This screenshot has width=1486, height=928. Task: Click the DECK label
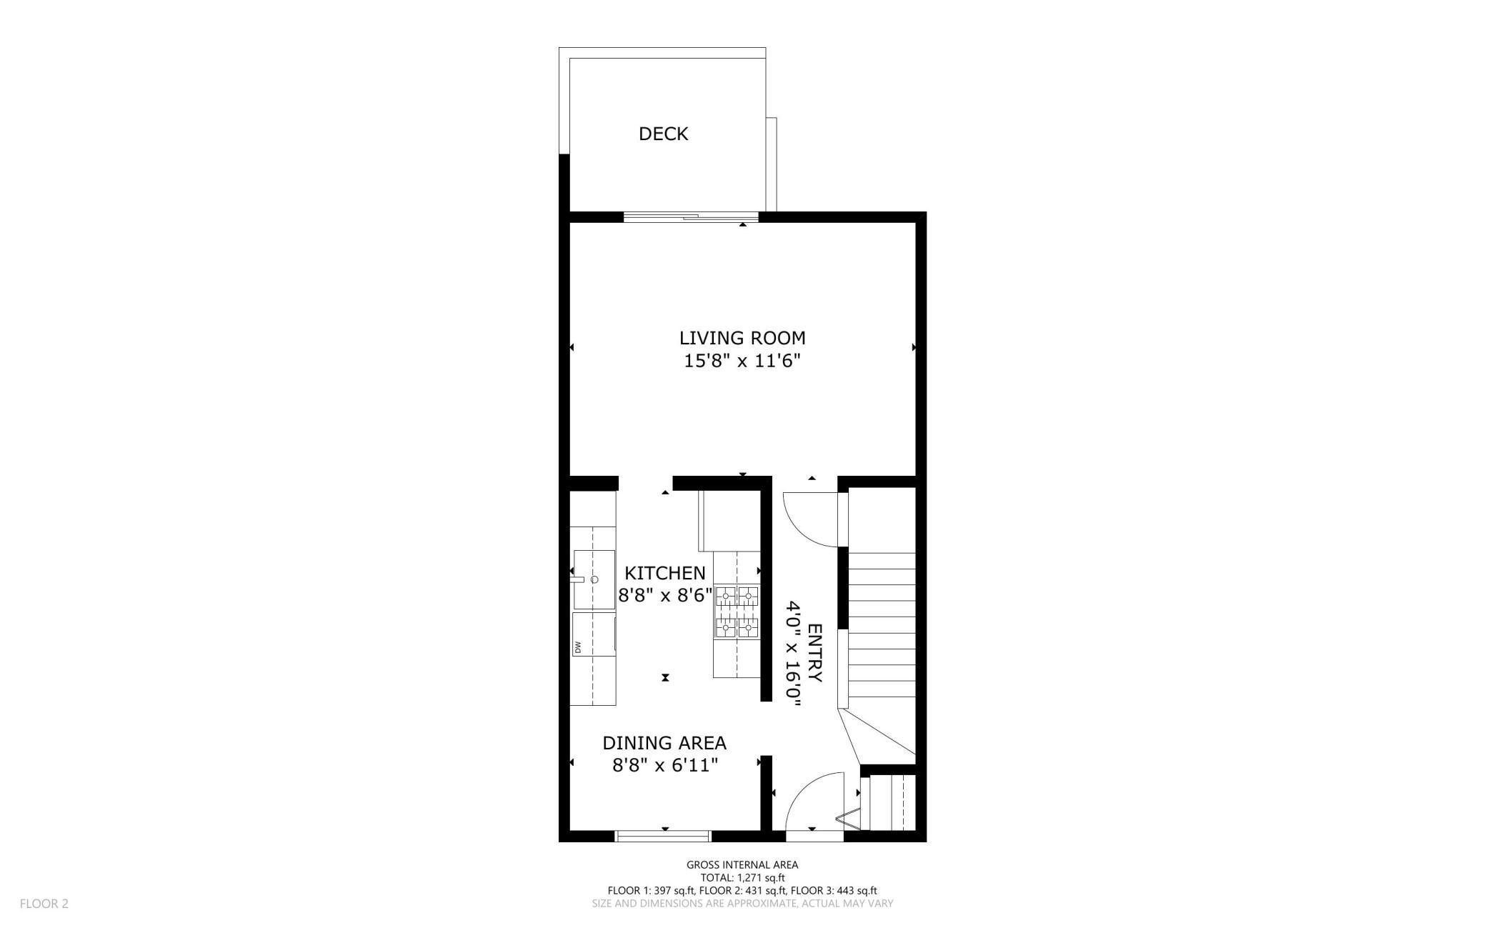point(663,134)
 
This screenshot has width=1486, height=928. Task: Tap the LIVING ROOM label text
point(742,338)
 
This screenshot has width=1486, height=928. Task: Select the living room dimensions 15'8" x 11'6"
point(742,361)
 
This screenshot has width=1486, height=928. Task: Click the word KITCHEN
point(664,573)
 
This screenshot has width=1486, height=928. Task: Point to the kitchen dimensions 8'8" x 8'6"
point(664,595)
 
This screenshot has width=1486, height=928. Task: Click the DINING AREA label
point(664,743)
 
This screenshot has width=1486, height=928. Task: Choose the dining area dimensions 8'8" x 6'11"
point(664,765)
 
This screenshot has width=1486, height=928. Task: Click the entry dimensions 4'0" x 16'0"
point(792,654)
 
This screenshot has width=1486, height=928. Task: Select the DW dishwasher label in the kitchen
point(578,648)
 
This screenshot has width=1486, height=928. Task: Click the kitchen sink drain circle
point(594,579)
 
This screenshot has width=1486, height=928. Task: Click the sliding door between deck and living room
point(691,216)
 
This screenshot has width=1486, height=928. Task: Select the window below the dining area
point(664,836)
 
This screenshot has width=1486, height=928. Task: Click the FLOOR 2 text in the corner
point(44,904)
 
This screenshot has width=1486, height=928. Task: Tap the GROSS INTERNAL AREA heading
point(742,864)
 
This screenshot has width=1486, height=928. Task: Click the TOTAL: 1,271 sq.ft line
point(742,877)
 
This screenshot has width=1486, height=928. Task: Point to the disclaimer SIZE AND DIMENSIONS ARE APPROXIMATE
point(742,904)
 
